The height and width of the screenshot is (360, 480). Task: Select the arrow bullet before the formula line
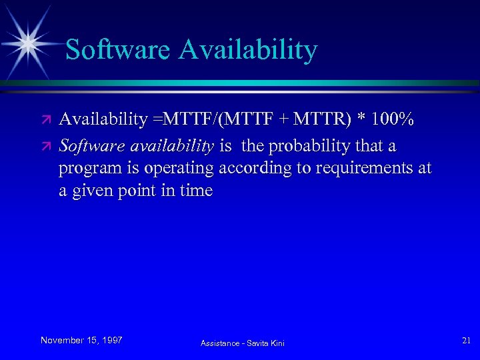tap(45, 121)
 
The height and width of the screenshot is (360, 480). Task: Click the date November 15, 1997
tap(81, 340)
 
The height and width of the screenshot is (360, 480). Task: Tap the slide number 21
tap(466, 341)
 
